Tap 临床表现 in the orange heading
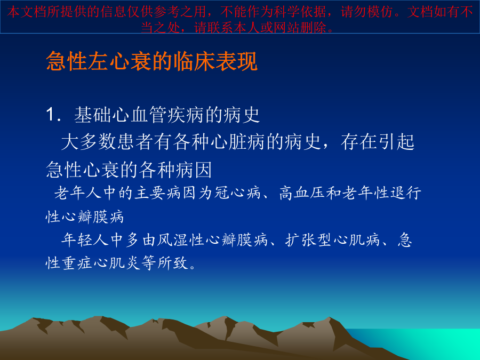[x=215, y=61]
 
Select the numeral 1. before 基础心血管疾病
[x=53, y=115]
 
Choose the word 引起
[x=396, y=142]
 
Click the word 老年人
[x=78, y=193]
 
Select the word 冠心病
[x=237, y=193]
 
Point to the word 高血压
[x=302, y=193]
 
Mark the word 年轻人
[x=85, y=239]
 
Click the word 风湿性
[x=181, y=239]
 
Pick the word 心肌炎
[x=117, y=262]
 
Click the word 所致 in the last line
[x=173, y=262]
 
